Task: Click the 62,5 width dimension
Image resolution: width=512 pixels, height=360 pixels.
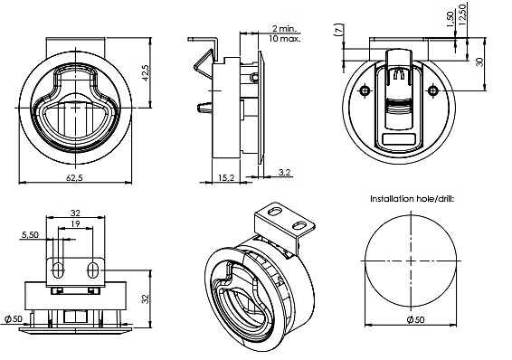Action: pyautogui.click(x=74, y=177)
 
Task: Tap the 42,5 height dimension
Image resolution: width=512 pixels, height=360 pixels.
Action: pyautogui.click(x=146, y=72)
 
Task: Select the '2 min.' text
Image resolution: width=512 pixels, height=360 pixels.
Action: pyautogui.click(x=285, y=28)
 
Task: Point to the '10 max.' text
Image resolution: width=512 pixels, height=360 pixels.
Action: pyautogui.click(x=284, y=39)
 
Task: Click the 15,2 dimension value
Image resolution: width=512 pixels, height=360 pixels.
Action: pyautogui.click(x=226, y=177)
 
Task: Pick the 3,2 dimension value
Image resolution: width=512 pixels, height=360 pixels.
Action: pyautogui.click(x=285, y=172)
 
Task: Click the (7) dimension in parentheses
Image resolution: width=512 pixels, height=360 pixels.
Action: pyautogui.click(x=339, y=29)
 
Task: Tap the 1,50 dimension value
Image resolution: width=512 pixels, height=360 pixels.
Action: pyautogui.click(x=450, y=20)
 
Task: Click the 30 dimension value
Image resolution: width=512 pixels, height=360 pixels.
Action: pyautogui.click(x=479, y=62)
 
